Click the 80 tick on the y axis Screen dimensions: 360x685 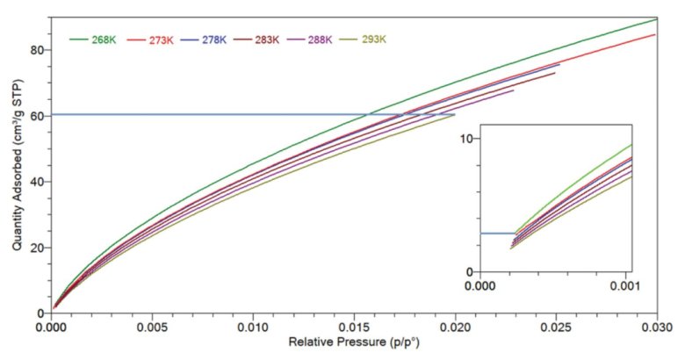coord(36,50)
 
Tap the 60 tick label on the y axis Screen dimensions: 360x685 coord(36,116)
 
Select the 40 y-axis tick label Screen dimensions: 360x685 coord(36,182)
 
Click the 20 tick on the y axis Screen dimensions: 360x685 coord(36,248)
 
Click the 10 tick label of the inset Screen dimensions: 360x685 coord(466,139)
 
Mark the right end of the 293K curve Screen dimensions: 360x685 coord(455,115)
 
